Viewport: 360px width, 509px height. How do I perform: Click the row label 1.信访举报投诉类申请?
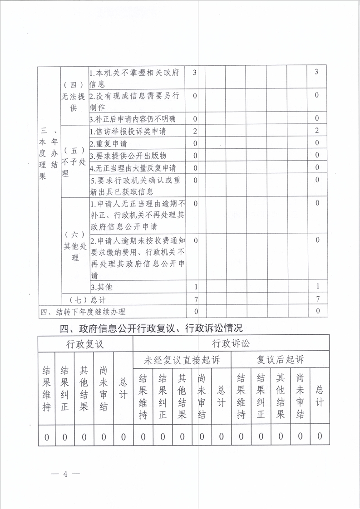coord(128,132)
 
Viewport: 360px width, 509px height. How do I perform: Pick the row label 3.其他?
coord(101,287)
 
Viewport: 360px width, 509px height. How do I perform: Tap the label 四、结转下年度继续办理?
coord(83,312)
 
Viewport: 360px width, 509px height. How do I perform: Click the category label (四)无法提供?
coord(74,97)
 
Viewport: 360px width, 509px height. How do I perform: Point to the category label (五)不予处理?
coord(74,162)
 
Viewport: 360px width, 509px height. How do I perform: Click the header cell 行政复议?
coord(85,343)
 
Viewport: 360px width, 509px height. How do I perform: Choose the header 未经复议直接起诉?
coord(182,361)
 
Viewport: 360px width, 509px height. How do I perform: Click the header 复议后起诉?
coord(280,360)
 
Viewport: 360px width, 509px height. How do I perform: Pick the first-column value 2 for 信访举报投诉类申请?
coord(195,131)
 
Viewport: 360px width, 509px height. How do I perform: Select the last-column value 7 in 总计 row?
coord(317,299)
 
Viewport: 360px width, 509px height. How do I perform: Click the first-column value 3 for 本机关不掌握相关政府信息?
coord(195,73)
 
